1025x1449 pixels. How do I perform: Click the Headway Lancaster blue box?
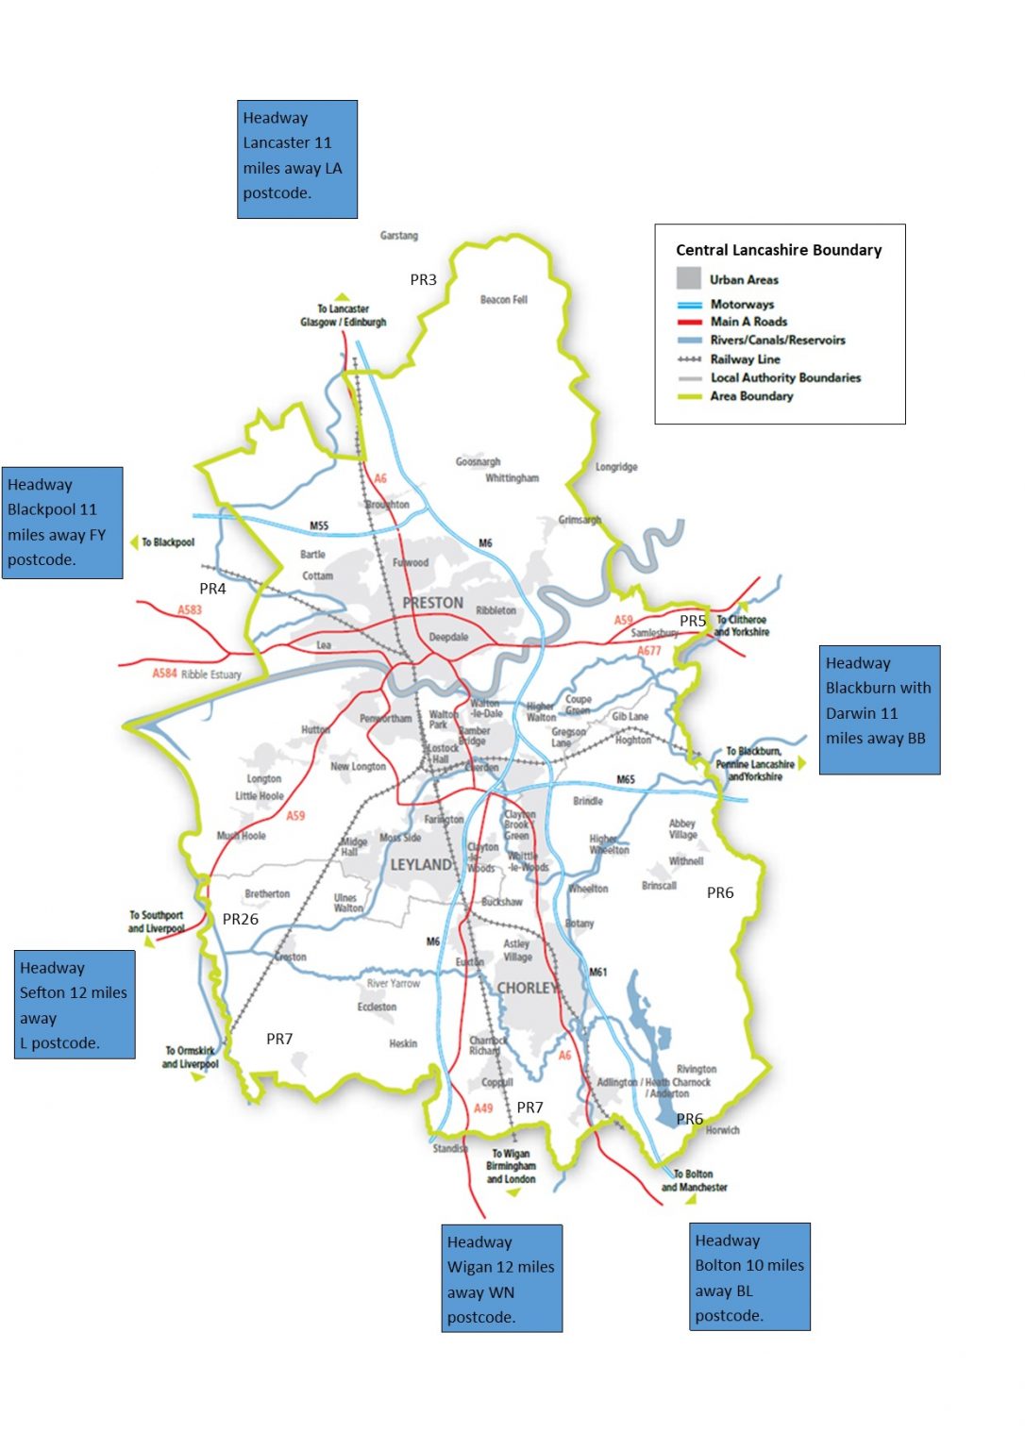296,158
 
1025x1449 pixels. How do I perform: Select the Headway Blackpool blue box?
62,523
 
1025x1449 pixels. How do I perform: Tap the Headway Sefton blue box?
75,1005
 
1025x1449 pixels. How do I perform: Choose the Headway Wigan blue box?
501,1278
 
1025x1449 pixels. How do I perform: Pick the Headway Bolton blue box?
749,1276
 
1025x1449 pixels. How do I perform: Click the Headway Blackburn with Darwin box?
879,709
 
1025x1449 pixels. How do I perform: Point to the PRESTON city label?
432,603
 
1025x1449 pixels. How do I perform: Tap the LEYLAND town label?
421,864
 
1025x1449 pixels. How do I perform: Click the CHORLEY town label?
527,988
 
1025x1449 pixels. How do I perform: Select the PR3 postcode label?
423,280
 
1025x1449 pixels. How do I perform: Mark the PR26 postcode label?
241,919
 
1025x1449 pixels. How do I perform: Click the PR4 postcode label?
212,589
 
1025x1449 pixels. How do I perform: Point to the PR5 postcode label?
693,621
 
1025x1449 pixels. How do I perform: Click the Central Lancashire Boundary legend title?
779,250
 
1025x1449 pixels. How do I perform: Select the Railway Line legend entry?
745,359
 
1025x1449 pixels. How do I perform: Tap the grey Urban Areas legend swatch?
688,278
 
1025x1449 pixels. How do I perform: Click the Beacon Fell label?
503,300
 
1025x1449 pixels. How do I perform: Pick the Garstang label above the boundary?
398,236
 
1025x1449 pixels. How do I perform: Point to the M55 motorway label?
319,525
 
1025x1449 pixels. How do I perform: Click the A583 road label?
190,610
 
